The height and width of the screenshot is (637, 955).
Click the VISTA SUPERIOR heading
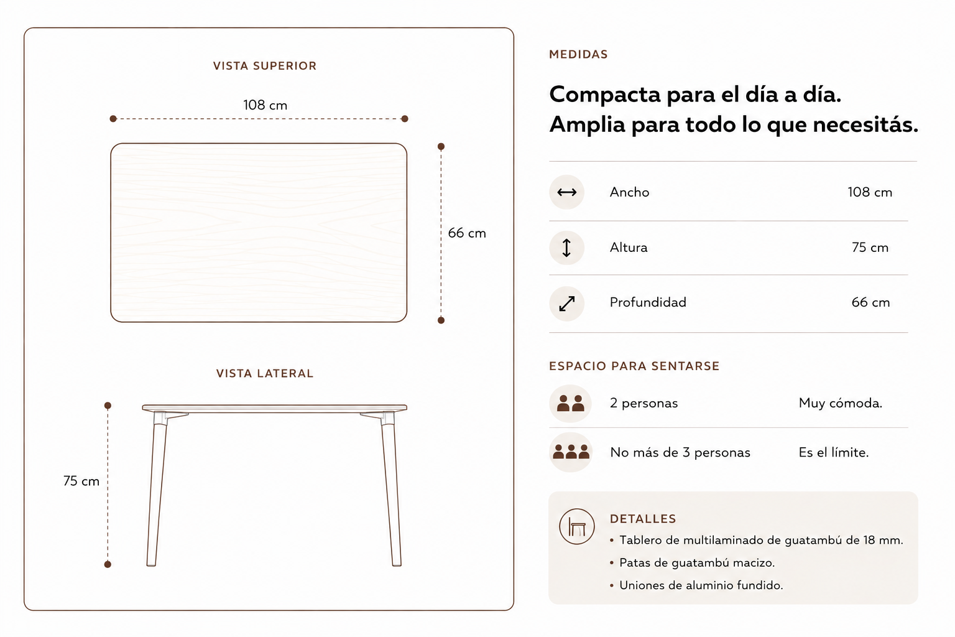click(265, 66)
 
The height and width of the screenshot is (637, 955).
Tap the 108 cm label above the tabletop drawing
click(265, 105)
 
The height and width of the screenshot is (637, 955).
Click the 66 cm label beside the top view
click(467, 233)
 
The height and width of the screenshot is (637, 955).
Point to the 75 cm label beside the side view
click(81, 481)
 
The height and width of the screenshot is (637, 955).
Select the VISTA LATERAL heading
click(265, 373)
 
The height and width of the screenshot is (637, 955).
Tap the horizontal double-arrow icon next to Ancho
click(566, 192)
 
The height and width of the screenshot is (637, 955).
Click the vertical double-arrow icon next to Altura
click(566, 248)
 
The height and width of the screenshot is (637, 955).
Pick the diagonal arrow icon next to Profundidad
click(566, 304)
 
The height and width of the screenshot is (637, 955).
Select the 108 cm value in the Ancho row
click(870, 192)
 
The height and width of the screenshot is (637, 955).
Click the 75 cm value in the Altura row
click(870, 248)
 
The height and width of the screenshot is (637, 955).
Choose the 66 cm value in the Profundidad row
click(870, 302)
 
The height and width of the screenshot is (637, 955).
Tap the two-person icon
click(570, 403)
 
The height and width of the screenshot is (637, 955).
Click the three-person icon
click(571, 452)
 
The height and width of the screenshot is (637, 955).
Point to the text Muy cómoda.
click(841, 403)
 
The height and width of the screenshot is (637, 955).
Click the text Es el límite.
click(834, 452)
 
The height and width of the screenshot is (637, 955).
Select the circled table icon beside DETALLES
click(577, 526)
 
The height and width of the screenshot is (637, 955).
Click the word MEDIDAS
click(578, 54)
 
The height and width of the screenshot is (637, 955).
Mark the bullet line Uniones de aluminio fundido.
click(701, 585)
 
